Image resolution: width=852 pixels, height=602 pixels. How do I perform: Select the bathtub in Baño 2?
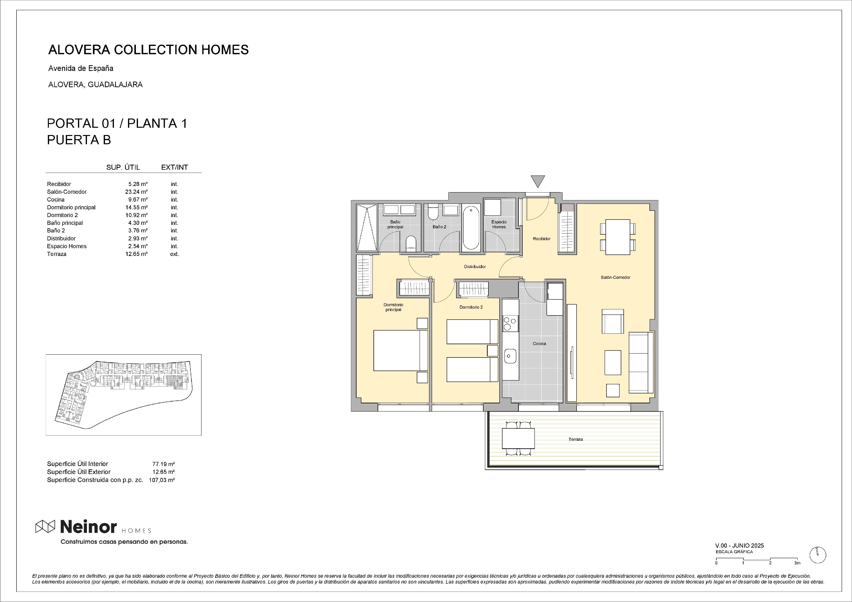click(471, 228)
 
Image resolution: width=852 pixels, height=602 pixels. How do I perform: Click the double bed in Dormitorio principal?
click(401, 350)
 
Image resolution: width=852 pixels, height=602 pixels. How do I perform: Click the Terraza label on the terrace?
click(576, 439)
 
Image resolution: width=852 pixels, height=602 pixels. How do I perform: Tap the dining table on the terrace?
click(518, 438)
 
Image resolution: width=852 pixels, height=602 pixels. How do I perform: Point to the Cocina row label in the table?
click(56, 200)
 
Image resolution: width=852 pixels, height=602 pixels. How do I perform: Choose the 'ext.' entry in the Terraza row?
click(174, 254)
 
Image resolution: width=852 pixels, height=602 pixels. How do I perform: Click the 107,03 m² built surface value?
click(162, 480)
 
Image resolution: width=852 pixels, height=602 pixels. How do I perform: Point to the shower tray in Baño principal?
click(367, 228)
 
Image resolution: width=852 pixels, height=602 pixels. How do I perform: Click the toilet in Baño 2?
click(433, 212)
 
